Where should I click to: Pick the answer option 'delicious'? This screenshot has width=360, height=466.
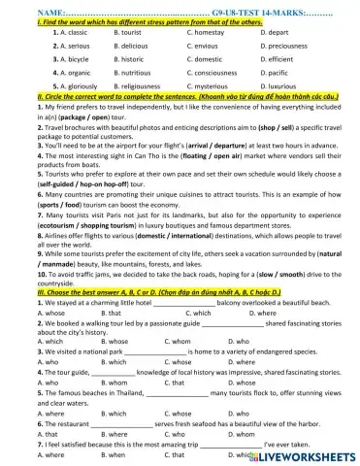127,45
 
